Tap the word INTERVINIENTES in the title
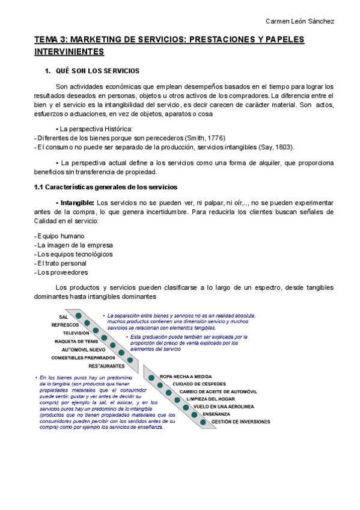pyautogui.click(x=69, y=52)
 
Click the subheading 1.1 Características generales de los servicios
pyautogui.click(x=105, y=187)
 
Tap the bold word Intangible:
pyautogui.click(x=78, y=203)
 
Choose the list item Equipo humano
pyautogui.click(x=60, y=236)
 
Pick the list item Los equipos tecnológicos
pyautogui.click(x=75, y=254)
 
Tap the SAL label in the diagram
pyautogui.click(x=63, y=317)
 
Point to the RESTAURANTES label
pyautogui.click(x=106, y=366)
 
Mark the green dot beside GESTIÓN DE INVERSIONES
pyautogui.click(x=204, y=422)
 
